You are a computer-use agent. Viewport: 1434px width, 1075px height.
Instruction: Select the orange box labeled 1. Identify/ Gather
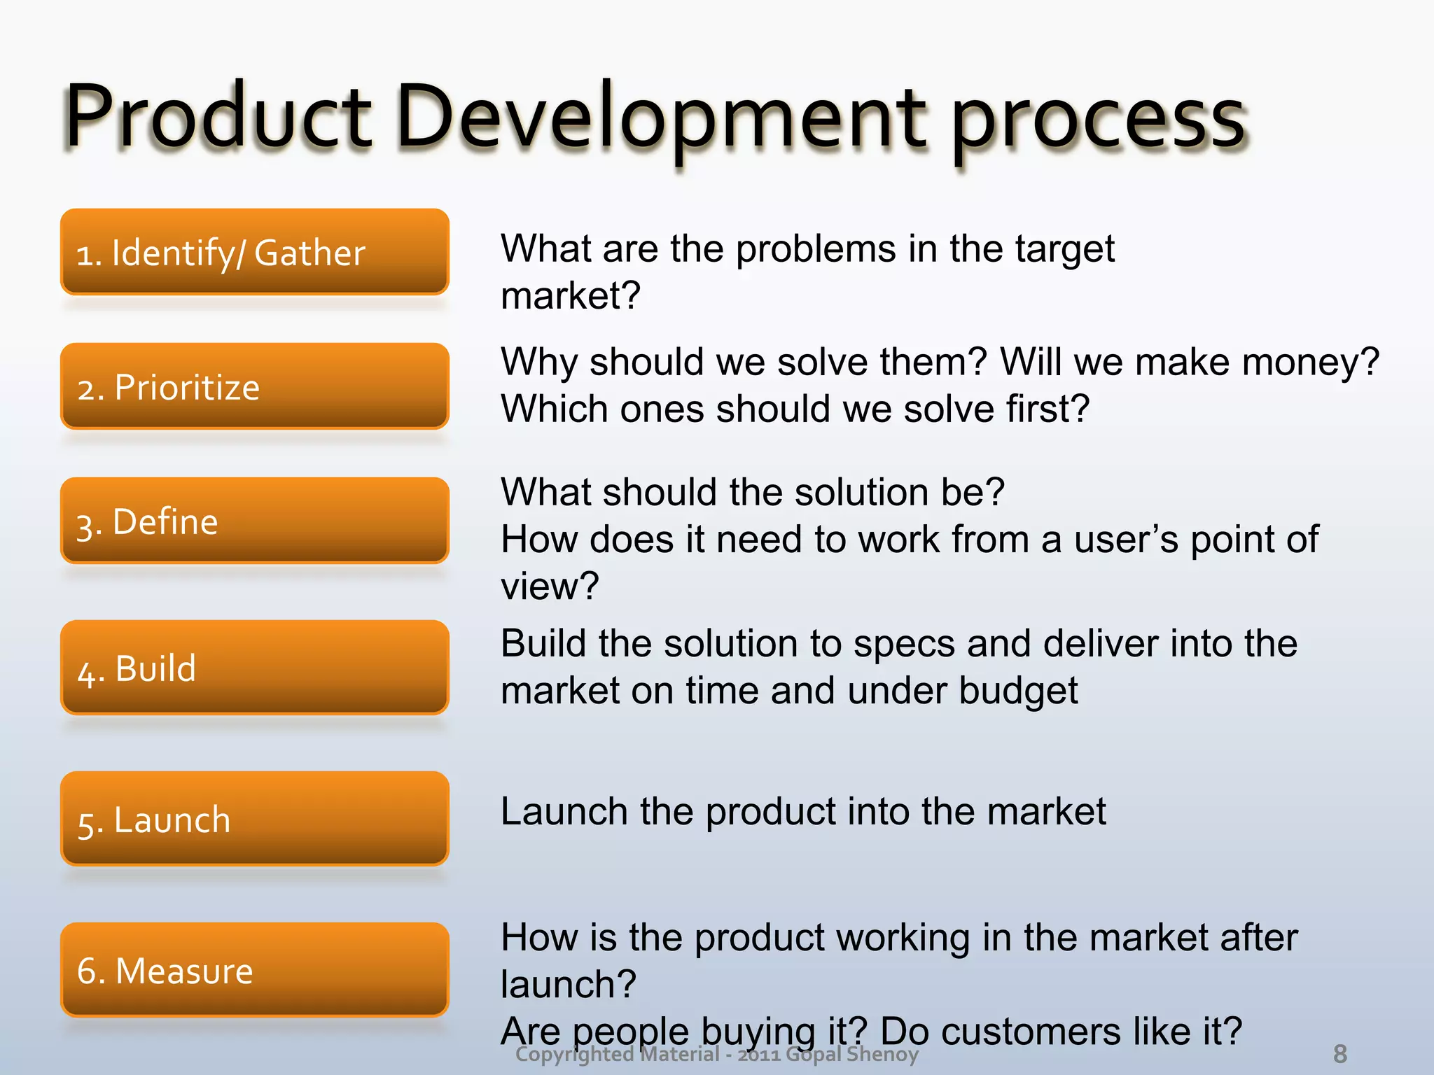pos(254,252)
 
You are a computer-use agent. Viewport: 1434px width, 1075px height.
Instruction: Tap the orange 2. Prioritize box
pos(254,386)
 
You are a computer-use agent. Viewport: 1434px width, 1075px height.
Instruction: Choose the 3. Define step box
pos(254,521)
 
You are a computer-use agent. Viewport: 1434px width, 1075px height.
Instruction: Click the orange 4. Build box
pos(254,667)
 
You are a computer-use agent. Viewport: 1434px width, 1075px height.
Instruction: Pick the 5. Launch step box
pos(254,818)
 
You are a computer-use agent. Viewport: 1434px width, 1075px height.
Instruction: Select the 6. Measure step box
pos(254,969)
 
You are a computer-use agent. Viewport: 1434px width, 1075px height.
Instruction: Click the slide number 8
pos(1339,1053)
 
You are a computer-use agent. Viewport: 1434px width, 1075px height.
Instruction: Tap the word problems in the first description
pos(815,250)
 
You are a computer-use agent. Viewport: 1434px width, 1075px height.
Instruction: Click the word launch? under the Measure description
pos(568,984)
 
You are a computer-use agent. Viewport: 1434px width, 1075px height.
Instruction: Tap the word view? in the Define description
pos(550,586)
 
